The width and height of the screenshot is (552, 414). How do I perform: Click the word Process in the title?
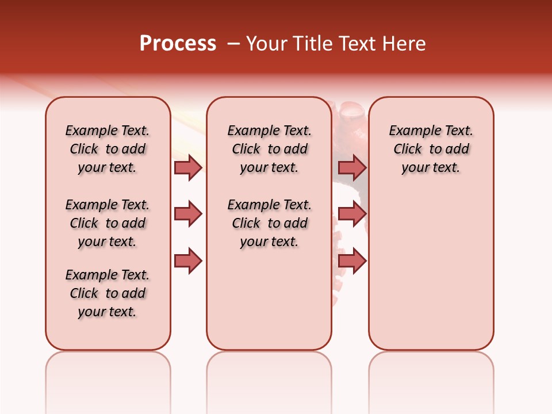pos(178,44)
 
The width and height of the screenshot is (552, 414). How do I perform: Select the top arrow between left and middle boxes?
pos(188,167)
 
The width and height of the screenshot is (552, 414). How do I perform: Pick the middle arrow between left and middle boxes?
pos(188,214)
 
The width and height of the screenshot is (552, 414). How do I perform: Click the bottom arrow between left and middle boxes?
pos(188,260)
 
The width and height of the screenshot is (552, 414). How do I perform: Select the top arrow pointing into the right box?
pos(352,167)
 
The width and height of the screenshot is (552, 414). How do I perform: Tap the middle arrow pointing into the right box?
pos(352,214)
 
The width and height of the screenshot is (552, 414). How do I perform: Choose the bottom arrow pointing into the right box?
pos(352,260)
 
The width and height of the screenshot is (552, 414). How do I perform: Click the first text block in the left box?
pos(108,149)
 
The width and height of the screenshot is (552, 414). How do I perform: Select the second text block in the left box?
pos(108,223)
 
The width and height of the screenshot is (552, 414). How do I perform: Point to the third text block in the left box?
pos(108,293)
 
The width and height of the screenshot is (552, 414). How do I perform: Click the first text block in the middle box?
pos(269,149)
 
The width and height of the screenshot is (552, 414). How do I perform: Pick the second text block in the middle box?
pos(269,223)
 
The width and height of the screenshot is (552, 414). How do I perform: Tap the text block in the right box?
pos(431,149)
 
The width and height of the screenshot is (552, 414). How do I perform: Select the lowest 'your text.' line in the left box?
pos(108,312)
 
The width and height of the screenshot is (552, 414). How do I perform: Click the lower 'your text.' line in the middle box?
pos(269,241)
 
